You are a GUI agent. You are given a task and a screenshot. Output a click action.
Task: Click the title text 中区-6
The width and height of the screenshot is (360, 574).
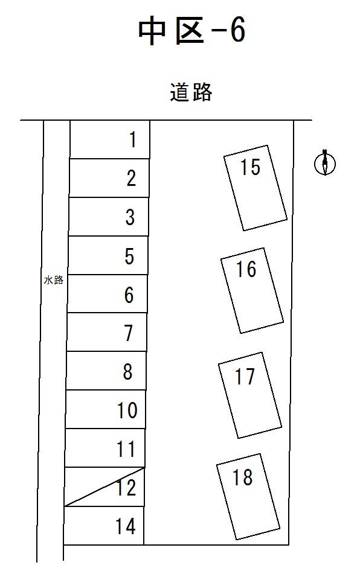click(x=192, y=31)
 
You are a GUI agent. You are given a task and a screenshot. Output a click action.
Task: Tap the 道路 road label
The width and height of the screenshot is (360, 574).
click(x=191, y=92)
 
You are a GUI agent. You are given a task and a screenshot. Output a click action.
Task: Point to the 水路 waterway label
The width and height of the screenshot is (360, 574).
click(x=54, y=281)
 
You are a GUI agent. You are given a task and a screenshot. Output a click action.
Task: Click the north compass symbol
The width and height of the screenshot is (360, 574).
click(x=325, y=162)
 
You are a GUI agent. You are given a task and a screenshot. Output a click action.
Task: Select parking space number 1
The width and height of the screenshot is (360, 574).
click(x=109, y=139)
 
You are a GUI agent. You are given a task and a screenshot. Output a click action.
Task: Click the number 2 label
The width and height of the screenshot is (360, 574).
click(x=131, y=179)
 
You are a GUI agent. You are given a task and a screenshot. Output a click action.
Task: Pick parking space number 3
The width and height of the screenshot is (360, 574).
click(x=109, y=217)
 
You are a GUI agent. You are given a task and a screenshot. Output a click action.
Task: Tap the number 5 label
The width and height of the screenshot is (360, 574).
click(x=129, y=256)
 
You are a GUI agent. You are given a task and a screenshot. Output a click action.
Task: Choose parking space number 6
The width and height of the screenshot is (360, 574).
click(x=108, y=294)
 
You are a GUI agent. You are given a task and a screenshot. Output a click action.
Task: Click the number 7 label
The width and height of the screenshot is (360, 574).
click(x=128, y=333)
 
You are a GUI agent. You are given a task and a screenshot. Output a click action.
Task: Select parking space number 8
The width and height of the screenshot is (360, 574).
click(x=106, y=371)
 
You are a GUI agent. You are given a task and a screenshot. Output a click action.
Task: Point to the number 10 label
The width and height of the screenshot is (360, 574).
click(x=127, y=410)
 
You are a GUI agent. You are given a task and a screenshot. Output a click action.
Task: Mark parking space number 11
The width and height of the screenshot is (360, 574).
click(x=105, y=448)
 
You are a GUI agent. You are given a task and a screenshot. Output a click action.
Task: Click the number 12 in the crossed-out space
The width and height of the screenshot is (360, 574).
click(x=126, y=488)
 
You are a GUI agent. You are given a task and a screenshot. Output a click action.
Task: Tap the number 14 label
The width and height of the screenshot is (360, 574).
click(x=125, y=526)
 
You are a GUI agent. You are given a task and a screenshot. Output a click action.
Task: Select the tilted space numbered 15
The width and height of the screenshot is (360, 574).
click(x=256, y=188)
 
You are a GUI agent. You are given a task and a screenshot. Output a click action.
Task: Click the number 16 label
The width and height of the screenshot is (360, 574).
click(x=246, y=269)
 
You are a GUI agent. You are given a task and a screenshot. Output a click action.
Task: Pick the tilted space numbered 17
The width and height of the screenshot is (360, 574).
click(x=250, y=395)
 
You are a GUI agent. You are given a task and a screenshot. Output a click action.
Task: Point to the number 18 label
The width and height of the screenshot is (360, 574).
click(x=242, y=477)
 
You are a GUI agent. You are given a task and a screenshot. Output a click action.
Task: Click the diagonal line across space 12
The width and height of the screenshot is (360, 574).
click(x=104, y=487)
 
